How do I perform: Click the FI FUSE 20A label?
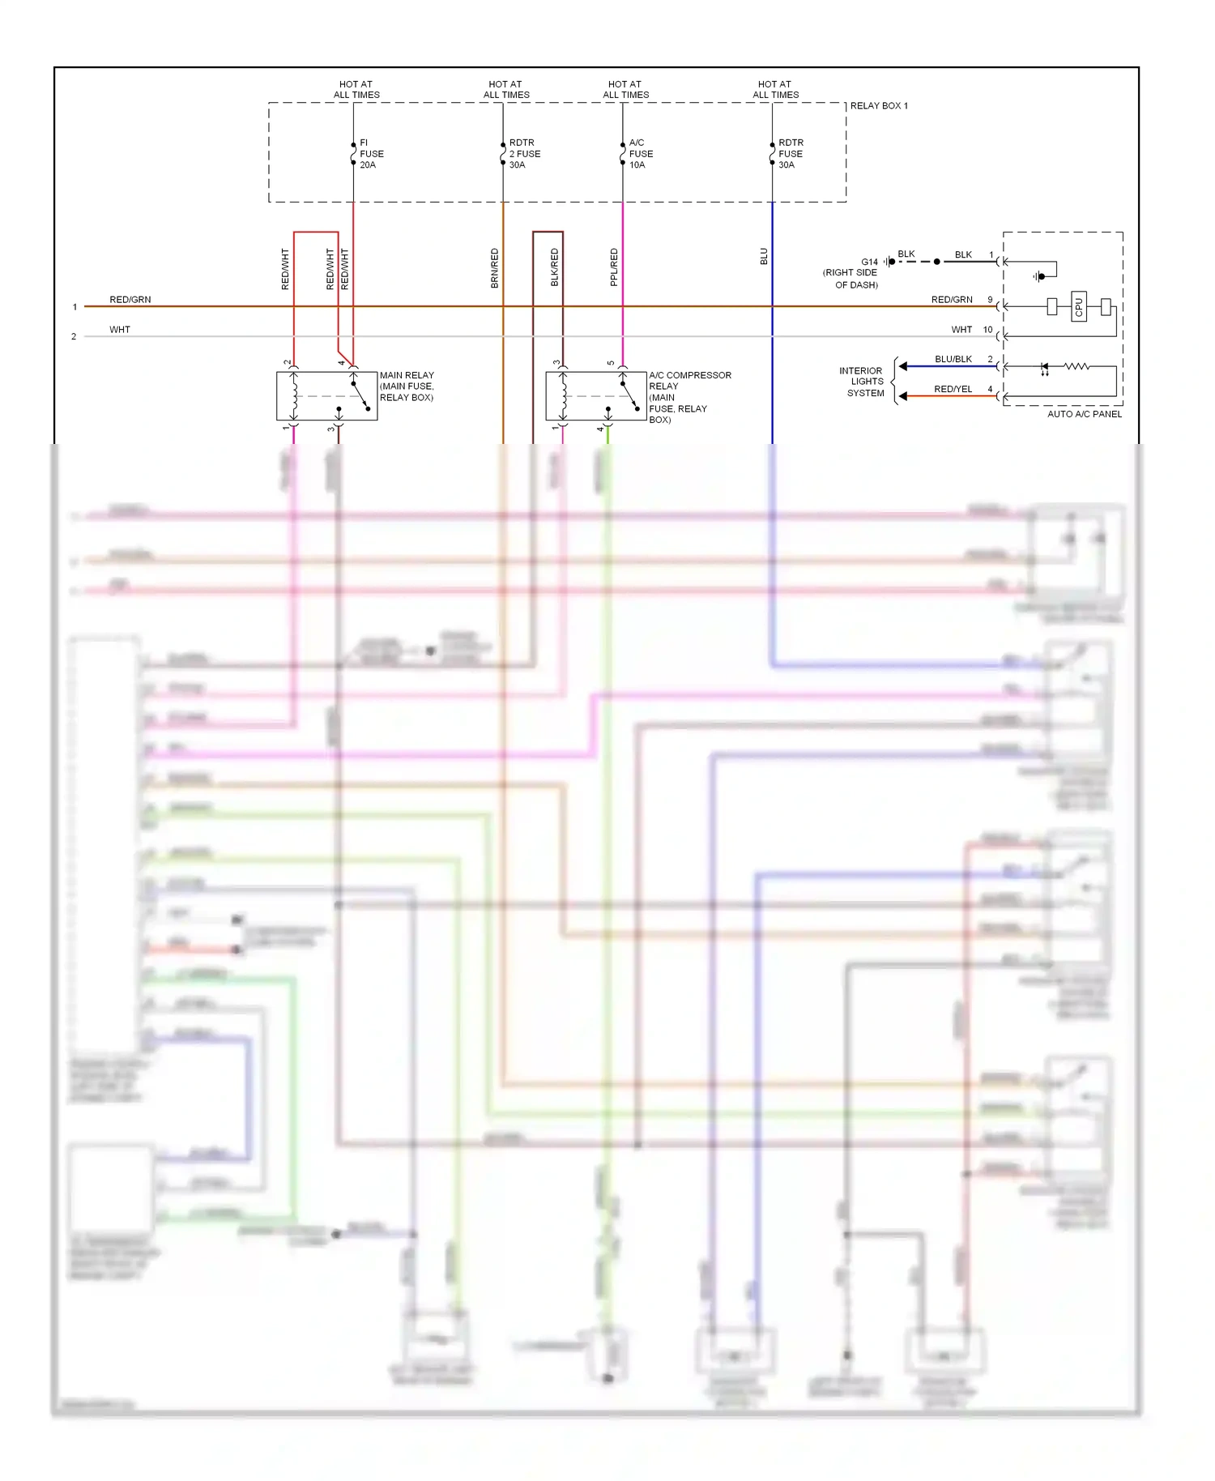click(x=371, y=154)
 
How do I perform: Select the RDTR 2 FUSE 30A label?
click(x=524, y=154)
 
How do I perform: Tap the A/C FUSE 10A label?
click(x=641, y=154)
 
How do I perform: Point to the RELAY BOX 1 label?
click(x=879, y=106)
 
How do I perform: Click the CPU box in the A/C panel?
click(x=1078, y=307)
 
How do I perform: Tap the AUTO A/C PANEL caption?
click(x=1085, y=414)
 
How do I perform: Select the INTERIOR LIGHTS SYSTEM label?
click(x=863, y=382)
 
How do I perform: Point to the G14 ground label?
click(x=869, y=262)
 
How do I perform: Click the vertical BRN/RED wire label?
click(x=495, y=268)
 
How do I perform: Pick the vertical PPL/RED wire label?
click(x=614, y=267)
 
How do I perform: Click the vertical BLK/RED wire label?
click(x=555, y=267)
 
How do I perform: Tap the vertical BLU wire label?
click(x=764, y=257)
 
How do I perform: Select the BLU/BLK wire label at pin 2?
click(x=953, y=359)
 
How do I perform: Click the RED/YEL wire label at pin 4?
click(x=953, y=389)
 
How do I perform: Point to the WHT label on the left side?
click(x=120, y=330)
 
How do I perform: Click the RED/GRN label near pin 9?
click(x=952, y=300)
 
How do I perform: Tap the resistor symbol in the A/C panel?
click(x=1076, y=367)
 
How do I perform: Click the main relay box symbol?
click(x=327, y=396)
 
